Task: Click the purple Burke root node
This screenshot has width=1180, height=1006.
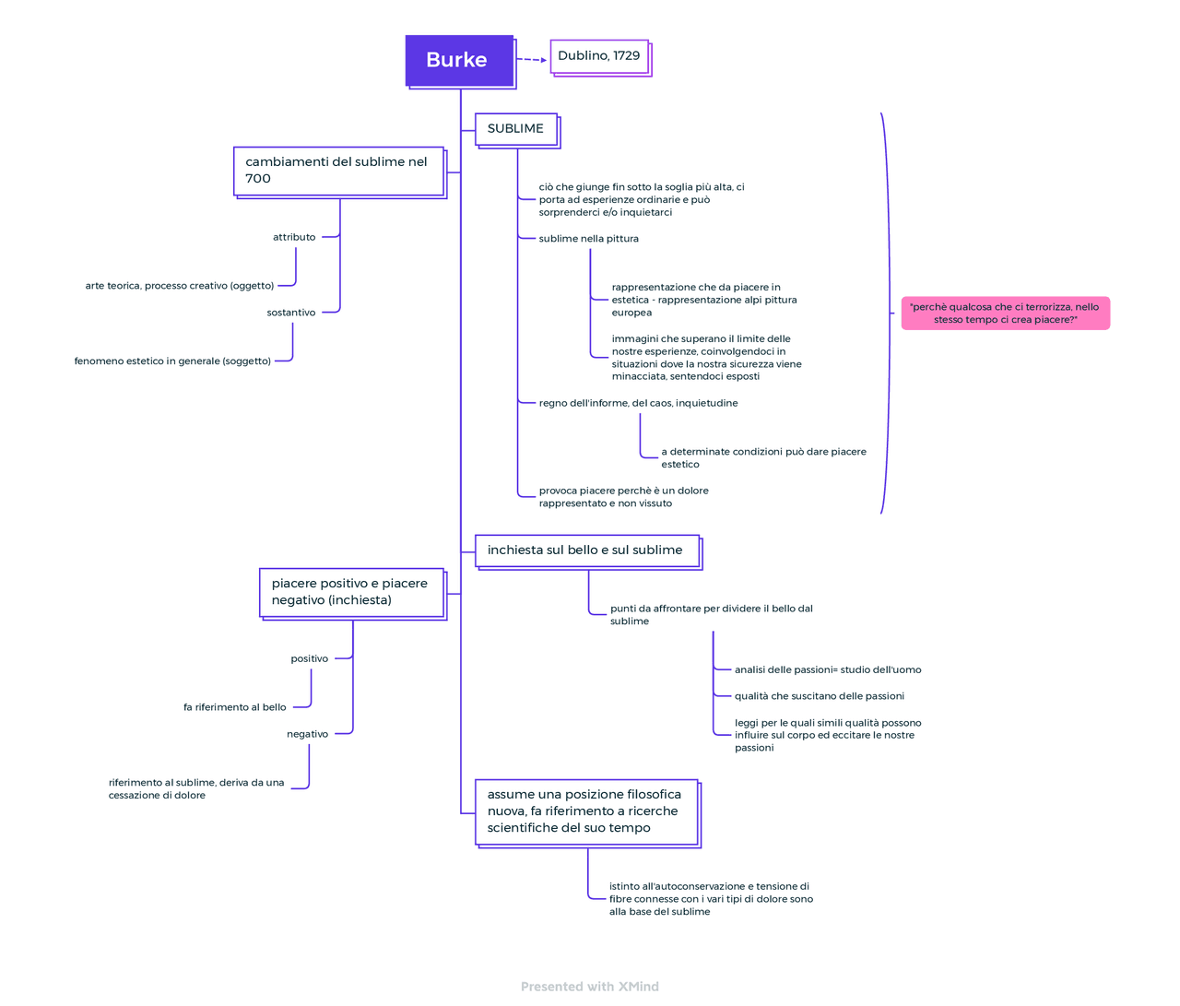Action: pos(459,61)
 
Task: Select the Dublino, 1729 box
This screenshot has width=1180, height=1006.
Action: pos(599,56)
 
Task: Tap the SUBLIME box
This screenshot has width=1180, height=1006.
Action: pos(516,129)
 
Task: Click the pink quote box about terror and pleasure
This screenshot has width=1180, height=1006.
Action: pos(1005,314)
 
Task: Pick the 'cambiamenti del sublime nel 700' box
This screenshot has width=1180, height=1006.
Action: pos(338,171)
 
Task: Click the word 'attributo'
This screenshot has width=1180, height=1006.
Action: pos(294,238)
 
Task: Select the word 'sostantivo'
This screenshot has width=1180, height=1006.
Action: pos(291,314)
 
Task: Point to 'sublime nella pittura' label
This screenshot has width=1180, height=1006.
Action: pos(588,239)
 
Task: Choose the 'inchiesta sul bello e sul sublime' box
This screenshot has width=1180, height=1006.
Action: pos(586,550)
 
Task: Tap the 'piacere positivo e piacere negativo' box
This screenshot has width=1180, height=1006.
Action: pos(351,592)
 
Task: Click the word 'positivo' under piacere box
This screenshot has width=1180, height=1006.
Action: pos(309,659)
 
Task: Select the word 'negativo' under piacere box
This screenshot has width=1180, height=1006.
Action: pos(307,735)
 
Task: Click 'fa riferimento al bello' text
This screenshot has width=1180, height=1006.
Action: pos(234,708)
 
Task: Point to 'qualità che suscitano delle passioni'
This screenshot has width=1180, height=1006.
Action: pos(819,697)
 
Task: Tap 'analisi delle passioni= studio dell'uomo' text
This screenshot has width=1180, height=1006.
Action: pos(827,670)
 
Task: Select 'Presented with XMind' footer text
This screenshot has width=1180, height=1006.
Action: pos(590,987)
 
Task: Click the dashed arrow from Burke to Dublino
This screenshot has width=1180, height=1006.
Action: pos(531,60)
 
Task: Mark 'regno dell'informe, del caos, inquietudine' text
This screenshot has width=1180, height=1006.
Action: pos(638,404)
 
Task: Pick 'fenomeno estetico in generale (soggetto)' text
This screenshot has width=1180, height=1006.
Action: pos(172,361)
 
